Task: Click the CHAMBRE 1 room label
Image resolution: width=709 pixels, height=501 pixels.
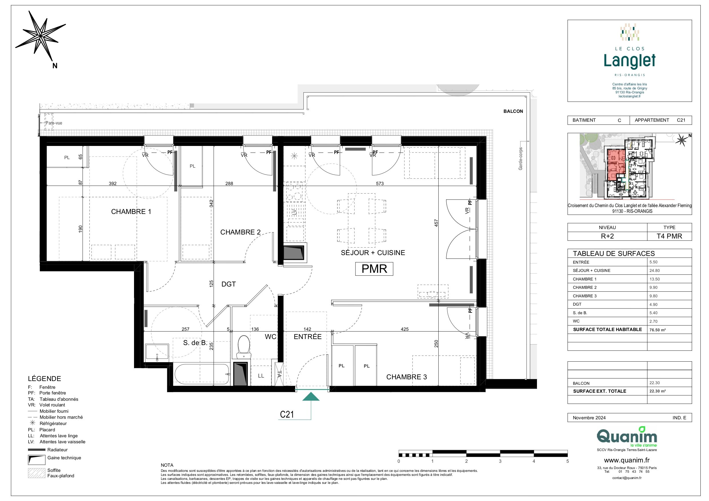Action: (131, 212)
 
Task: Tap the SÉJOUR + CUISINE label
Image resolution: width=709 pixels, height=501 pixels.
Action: (373, 253)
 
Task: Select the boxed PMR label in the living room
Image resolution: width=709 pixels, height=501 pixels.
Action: (374, 269)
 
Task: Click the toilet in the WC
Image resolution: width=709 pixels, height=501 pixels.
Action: (244, 347)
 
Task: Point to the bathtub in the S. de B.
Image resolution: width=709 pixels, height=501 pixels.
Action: (202, 374)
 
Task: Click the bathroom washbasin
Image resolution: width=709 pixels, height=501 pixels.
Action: (157, 353)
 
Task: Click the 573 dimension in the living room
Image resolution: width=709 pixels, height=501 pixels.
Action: (380, 183)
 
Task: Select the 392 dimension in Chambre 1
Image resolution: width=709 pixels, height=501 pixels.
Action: (113, 183)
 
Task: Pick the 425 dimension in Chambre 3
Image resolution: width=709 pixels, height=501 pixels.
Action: (405, 329)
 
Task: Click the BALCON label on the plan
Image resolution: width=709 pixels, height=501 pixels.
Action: (513, 111)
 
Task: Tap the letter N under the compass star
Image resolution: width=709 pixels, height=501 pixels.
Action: (55, 66)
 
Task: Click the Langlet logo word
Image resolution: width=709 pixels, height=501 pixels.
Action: (630, 61)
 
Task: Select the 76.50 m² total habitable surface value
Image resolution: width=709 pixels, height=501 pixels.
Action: (658, 330)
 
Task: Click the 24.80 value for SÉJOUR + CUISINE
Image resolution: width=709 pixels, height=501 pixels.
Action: (654, 270)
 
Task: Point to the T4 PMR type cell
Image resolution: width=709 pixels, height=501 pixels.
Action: (669, 236)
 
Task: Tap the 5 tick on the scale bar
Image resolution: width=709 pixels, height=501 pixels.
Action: (568, 461)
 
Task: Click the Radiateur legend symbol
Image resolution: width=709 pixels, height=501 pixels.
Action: (37, 450)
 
